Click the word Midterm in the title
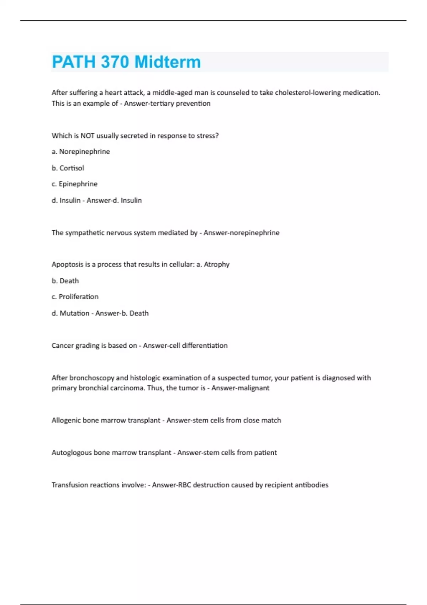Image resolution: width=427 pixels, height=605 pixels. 168,62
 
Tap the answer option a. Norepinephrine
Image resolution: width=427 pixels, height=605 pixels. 81,152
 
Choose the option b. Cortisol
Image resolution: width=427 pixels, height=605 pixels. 68,168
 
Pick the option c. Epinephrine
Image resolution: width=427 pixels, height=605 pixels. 74,184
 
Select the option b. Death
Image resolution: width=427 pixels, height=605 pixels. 65,281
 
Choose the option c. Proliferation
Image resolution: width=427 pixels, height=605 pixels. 75,297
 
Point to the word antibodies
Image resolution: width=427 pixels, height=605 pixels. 313,485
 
